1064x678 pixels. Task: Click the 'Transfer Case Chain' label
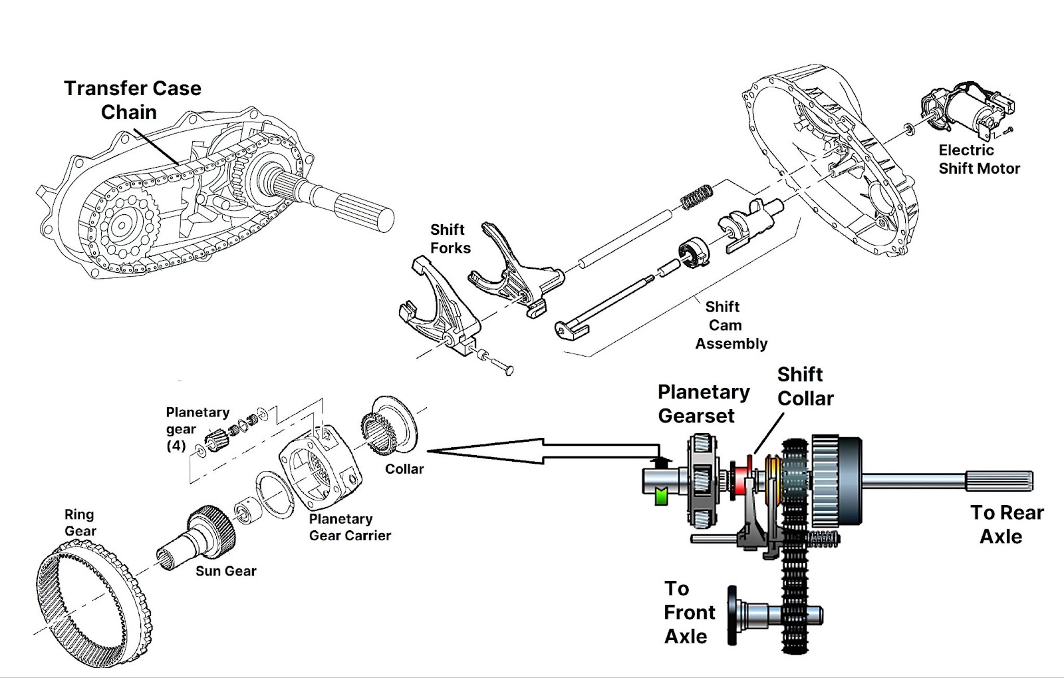tap(132, 100)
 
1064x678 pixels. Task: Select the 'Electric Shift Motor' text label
tap(979, 160)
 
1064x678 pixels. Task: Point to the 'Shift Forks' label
tap(450, 239)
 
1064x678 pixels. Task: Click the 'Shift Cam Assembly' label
tap(730, 325)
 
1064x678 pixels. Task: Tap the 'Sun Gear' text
tap(225, 571)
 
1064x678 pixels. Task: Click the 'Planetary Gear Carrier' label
tap(349, 527)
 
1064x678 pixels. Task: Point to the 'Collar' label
tap(404, 469)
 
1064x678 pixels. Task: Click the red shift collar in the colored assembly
tap(739, 478)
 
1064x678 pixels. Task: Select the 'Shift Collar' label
tap(805, 387)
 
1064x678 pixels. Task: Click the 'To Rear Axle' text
tap(1005, 524)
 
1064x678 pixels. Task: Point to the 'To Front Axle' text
tap(689, 612)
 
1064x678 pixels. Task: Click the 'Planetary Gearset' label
tap(703, 404)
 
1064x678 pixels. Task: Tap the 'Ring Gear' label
tap(80, 522)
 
